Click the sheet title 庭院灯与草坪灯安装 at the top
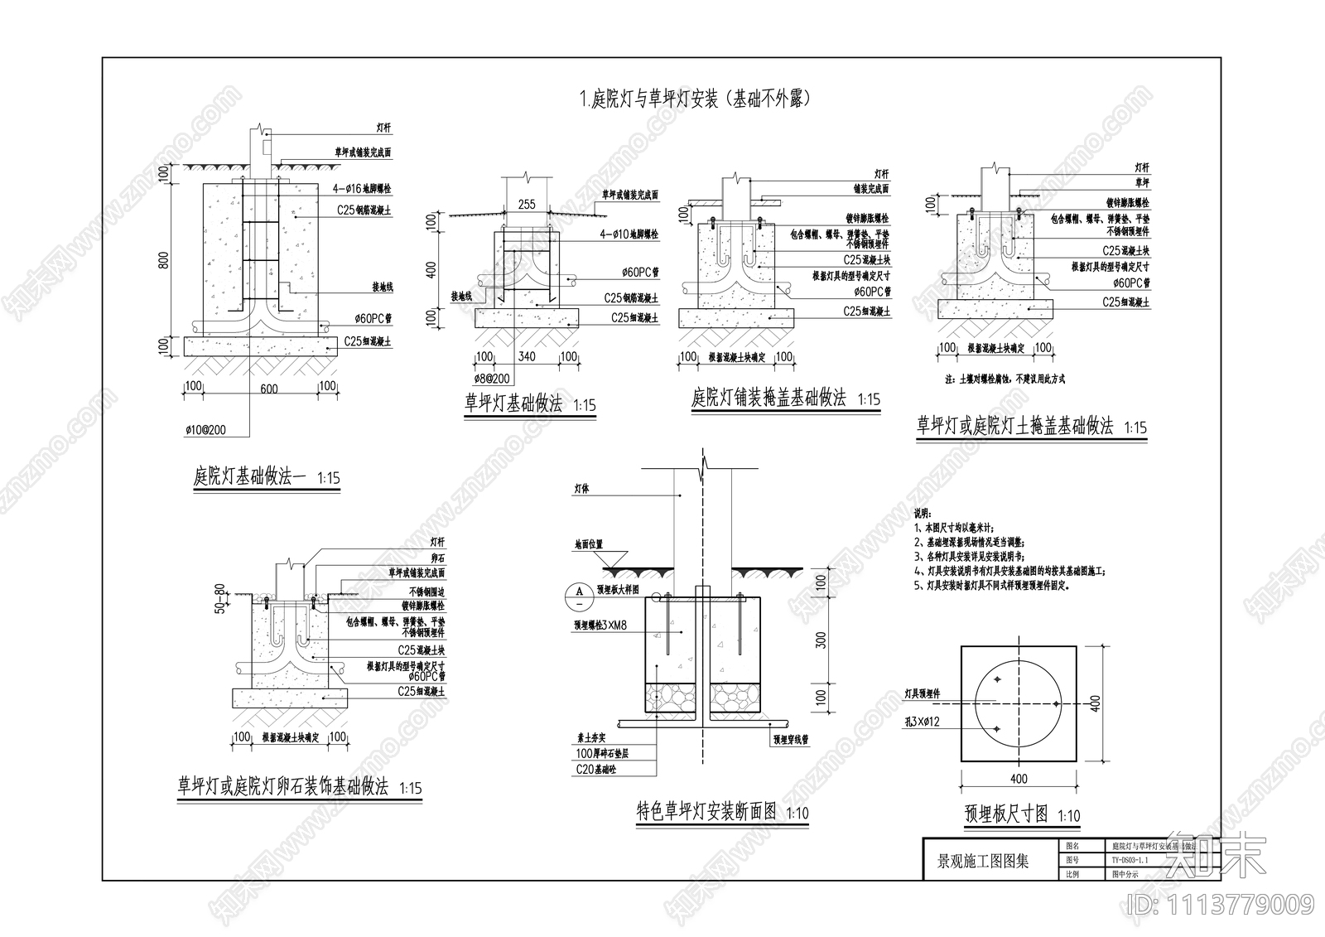point(694,99)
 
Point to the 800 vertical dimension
point(163,260)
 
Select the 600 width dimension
point(268,388)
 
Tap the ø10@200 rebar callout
point(206,430)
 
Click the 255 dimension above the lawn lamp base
point(526,205)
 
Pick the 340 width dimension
point(526,357)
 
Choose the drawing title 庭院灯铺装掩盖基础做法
point(768,398)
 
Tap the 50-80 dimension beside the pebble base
point(219,599)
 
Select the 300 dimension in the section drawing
point(821,640)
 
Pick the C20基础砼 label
point(595,770)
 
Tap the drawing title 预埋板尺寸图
point(1007,814)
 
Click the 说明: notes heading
point(923,514)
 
